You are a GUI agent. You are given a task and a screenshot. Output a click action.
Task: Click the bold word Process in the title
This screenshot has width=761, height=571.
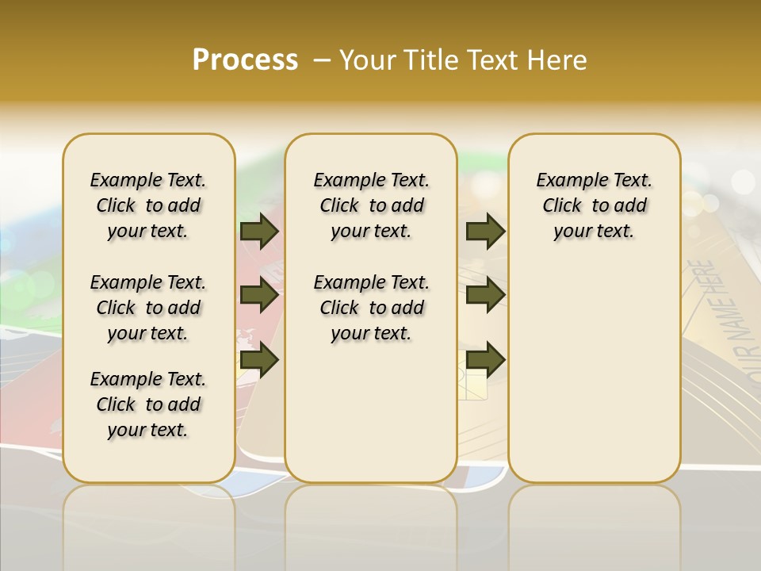point(245,60)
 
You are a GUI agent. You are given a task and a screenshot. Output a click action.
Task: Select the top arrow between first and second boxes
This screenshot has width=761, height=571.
point(259,231)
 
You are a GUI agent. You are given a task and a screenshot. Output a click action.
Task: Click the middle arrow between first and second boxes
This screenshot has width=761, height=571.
point(259,296)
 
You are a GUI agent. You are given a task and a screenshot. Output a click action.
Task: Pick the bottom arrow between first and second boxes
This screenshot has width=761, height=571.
point(259,360)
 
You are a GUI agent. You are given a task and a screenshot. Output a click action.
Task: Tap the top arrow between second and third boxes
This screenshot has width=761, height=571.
point(485,231)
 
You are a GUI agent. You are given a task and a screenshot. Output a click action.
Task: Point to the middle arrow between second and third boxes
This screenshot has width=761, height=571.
point(485,296)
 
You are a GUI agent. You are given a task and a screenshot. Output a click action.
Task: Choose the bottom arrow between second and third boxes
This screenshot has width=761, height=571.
point(485,360)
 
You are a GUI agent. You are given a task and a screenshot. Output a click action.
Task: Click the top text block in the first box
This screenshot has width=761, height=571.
point(148,205)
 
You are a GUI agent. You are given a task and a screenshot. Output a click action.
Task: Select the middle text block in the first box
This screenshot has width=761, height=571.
point(148,308)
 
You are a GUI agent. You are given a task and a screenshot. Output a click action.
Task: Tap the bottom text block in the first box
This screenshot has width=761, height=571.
point(148,404)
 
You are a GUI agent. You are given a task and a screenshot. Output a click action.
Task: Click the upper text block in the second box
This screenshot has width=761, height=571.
point(371,205)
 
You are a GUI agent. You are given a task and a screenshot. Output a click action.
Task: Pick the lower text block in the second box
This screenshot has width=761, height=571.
point(371,308)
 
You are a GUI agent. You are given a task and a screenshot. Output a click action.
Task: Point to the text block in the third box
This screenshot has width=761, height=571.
point(595,205)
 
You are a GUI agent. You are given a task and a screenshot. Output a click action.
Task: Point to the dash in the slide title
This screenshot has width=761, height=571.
point(321,60)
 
